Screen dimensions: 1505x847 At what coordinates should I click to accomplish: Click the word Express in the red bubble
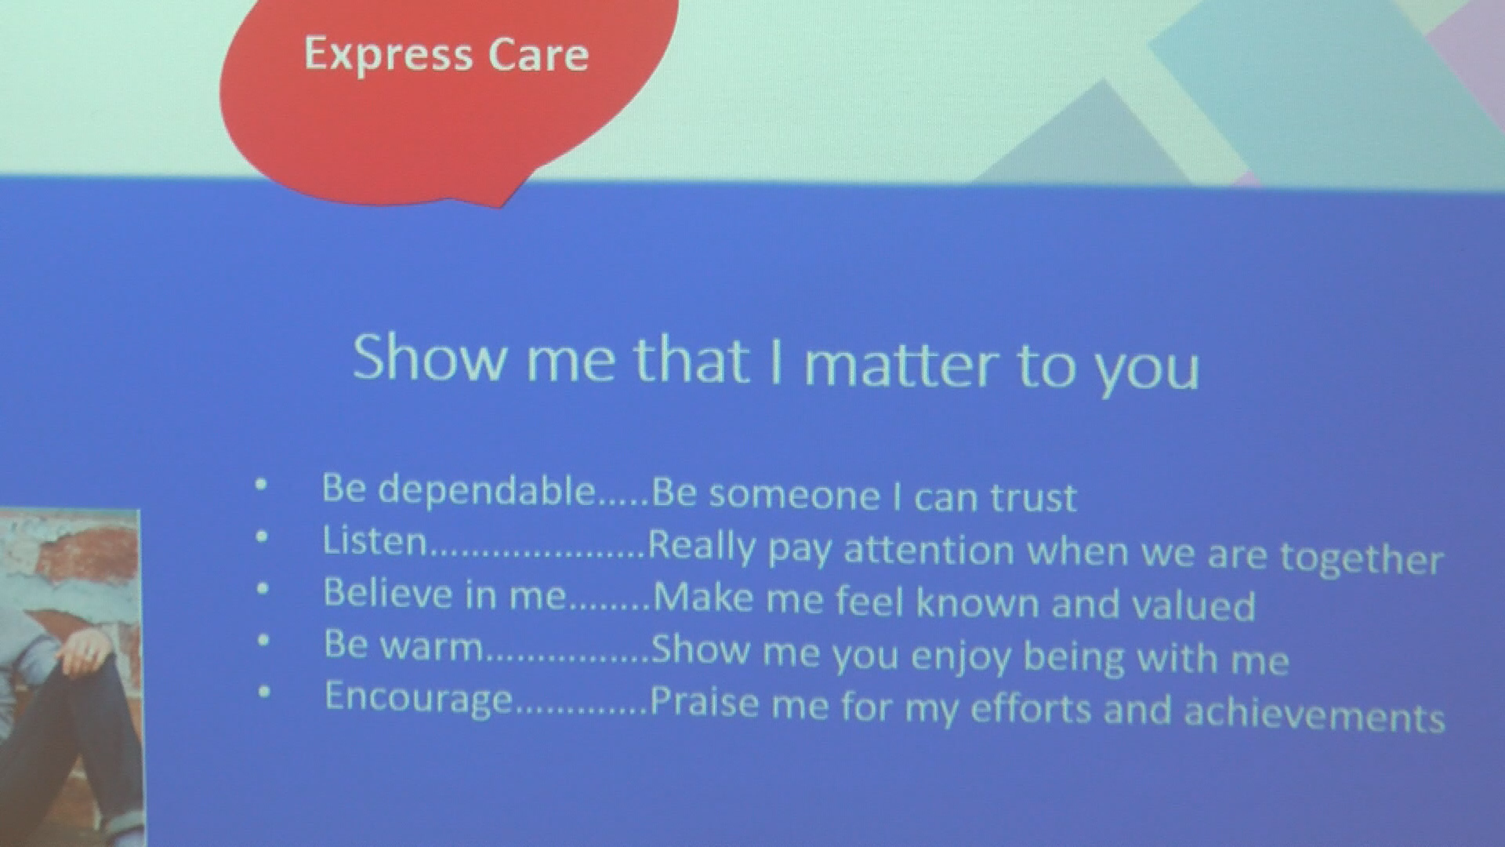[x=388, y=56]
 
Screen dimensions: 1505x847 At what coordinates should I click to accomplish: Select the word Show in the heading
[x=430, y=357]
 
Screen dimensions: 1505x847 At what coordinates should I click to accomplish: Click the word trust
[x=1034, y=497]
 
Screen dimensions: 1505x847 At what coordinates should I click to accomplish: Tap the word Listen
[x=375, y=540]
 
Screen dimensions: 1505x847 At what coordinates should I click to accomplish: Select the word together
[x=1362, y=558]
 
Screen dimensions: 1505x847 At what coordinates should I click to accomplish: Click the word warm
[x=430, y=646]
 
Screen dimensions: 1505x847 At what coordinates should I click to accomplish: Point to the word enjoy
[x=961, y=656]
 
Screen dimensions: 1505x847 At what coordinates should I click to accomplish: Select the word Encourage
[x=419, y=697]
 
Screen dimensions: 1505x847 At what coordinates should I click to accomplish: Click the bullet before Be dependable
[x=261, y=485]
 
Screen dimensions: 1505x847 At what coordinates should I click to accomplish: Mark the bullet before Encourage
[x=264, y=692]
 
